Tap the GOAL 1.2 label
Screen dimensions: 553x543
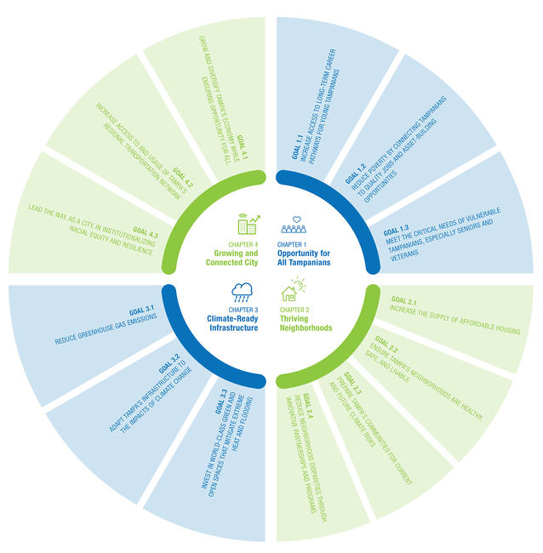coord(355,180)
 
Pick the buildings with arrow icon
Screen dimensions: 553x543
coord(248,224)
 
